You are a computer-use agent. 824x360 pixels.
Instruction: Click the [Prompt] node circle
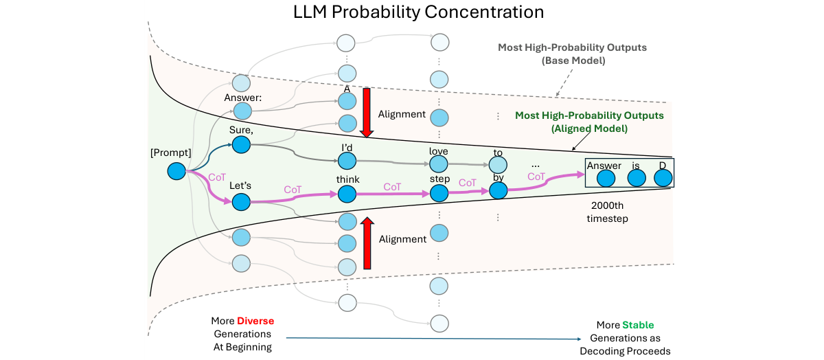(x=177, y=171)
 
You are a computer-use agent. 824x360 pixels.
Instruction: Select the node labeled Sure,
(x=241, y=144)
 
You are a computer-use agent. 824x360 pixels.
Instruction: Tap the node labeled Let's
(x=241, y=202)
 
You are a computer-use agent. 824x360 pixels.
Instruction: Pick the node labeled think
(x=347, y=195)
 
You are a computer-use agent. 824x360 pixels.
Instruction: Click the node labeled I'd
(x=347, y=161)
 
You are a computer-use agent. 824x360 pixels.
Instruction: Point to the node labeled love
(x=439, y=164)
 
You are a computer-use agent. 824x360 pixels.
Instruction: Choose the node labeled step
(x=439, y=194)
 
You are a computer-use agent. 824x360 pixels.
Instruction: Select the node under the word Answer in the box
(x=605, y=179)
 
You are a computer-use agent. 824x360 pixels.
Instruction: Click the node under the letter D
(x=662, y=179)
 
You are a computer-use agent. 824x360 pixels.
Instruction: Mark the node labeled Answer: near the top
(x=242, y=110)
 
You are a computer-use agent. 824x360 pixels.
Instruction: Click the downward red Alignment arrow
(x=366, y=113)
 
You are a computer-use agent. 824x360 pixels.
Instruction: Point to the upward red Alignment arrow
(x=366, y=242)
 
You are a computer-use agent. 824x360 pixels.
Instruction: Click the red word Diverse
(x=255, y=322)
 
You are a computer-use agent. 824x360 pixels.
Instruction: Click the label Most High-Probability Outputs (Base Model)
(x=572, y=54)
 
